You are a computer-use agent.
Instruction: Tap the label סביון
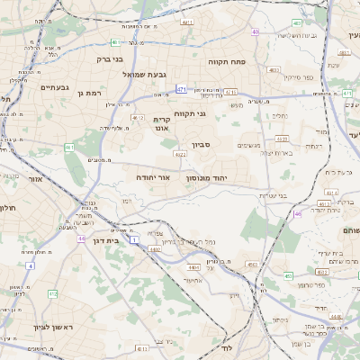(x=201, y=143)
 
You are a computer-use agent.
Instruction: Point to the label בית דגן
(x=106, y=241)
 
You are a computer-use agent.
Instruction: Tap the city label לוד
(x=227, y=346)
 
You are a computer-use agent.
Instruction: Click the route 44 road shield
(x=81, y=238)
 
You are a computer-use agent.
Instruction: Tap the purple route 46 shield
(x=298, y=214)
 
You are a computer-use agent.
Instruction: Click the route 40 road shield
(x=256, y=31)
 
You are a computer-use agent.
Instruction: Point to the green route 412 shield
(x=52, y=293)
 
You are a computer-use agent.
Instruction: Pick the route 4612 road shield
(x=138, y=117)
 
